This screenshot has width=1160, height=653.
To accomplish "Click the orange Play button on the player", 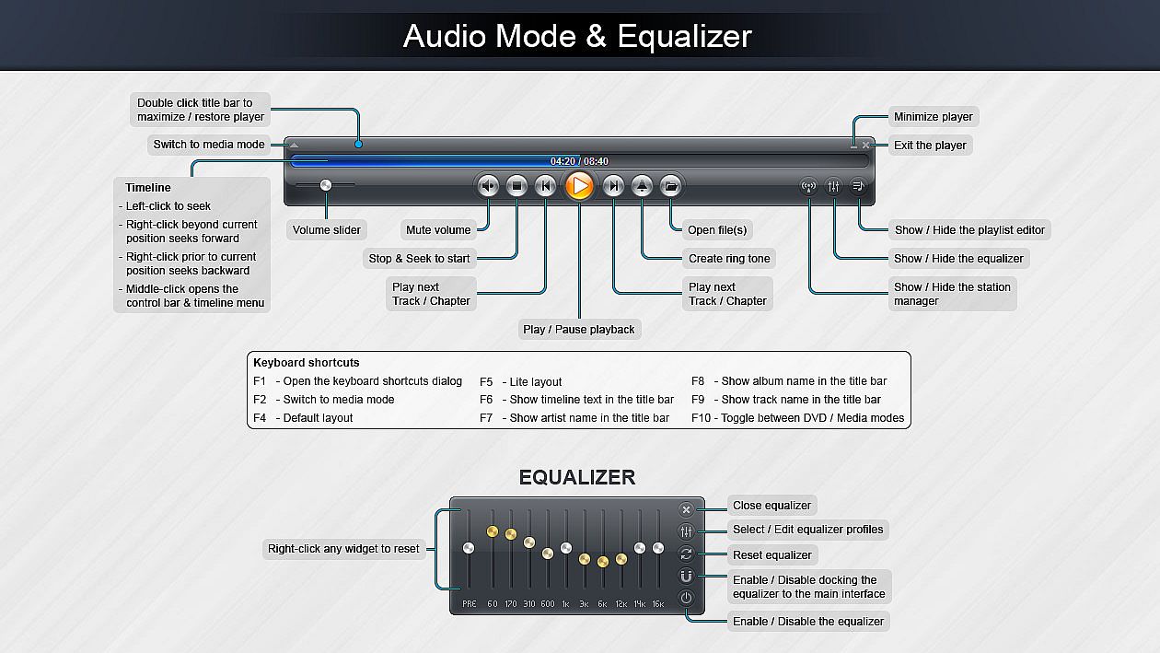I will click(x=579, y=186).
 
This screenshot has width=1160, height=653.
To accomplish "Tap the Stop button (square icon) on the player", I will click(x=517, y=186).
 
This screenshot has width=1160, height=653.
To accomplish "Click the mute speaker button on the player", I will click(x=489, y=186).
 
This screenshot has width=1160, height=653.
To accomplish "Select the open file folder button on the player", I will click(x=671, y=186).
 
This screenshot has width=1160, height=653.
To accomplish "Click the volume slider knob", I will click(x=325, y=185).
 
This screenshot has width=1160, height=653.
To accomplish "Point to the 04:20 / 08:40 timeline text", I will click(x=579, y=161).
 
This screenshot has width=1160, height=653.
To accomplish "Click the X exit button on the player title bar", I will click(x=866, y=146).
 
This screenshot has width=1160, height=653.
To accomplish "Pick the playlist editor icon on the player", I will click(x=857, y=186).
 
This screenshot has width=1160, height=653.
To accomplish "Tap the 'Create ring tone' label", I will click(x=728, y=259).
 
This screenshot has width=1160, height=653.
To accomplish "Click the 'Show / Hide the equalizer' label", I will click(x=958, y=259).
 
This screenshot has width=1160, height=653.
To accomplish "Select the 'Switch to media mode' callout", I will click(x=209, y=145).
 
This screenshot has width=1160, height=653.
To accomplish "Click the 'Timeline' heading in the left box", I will click(x=148, y=188).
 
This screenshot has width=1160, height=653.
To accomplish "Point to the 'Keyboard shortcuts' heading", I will click(x=307, y=363).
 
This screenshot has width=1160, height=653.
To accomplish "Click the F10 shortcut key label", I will click(x=702, y=418).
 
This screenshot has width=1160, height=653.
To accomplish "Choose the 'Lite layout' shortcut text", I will click(x=535, y=382).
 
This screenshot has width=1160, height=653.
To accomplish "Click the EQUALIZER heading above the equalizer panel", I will click(x=577, y=477).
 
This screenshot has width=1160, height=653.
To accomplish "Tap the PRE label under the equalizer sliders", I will click(x=469, y=604).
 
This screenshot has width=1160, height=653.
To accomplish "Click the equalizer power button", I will click(x=686, y=598).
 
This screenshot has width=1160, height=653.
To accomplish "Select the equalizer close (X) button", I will click(x=686, y=509).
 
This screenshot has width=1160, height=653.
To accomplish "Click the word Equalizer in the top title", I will click(x=684, y=36).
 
